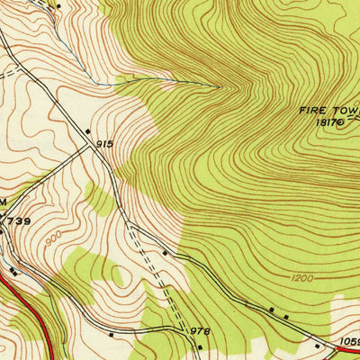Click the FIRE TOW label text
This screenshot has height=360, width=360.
coord(329,111)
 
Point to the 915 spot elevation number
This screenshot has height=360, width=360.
coord(104,144)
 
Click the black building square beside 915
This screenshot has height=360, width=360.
coord(88,132)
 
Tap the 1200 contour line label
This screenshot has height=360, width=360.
coord(302,278)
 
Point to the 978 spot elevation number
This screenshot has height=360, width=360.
coord(199,331)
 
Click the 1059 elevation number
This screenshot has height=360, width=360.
coord(347,341)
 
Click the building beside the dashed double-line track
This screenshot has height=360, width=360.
coord(165,254)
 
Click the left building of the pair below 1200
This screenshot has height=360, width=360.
coord(272,310)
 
